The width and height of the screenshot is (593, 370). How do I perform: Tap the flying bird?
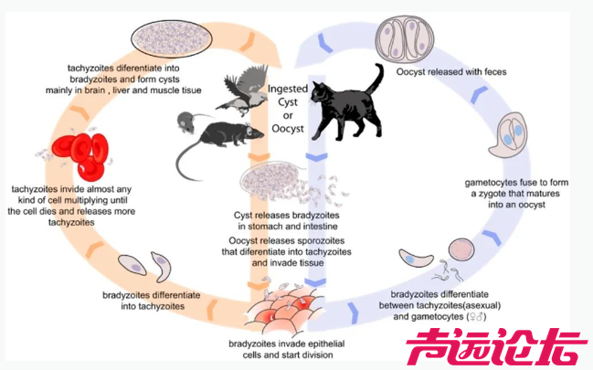tap(240, 91)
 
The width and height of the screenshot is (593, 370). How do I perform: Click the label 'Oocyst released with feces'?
tap(451, 70)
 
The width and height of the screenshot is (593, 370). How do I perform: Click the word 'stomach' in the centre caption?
tap(268, 227)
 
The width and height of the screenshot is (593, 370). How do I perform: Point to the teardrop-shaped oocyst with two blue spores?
tap(504, 136)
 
